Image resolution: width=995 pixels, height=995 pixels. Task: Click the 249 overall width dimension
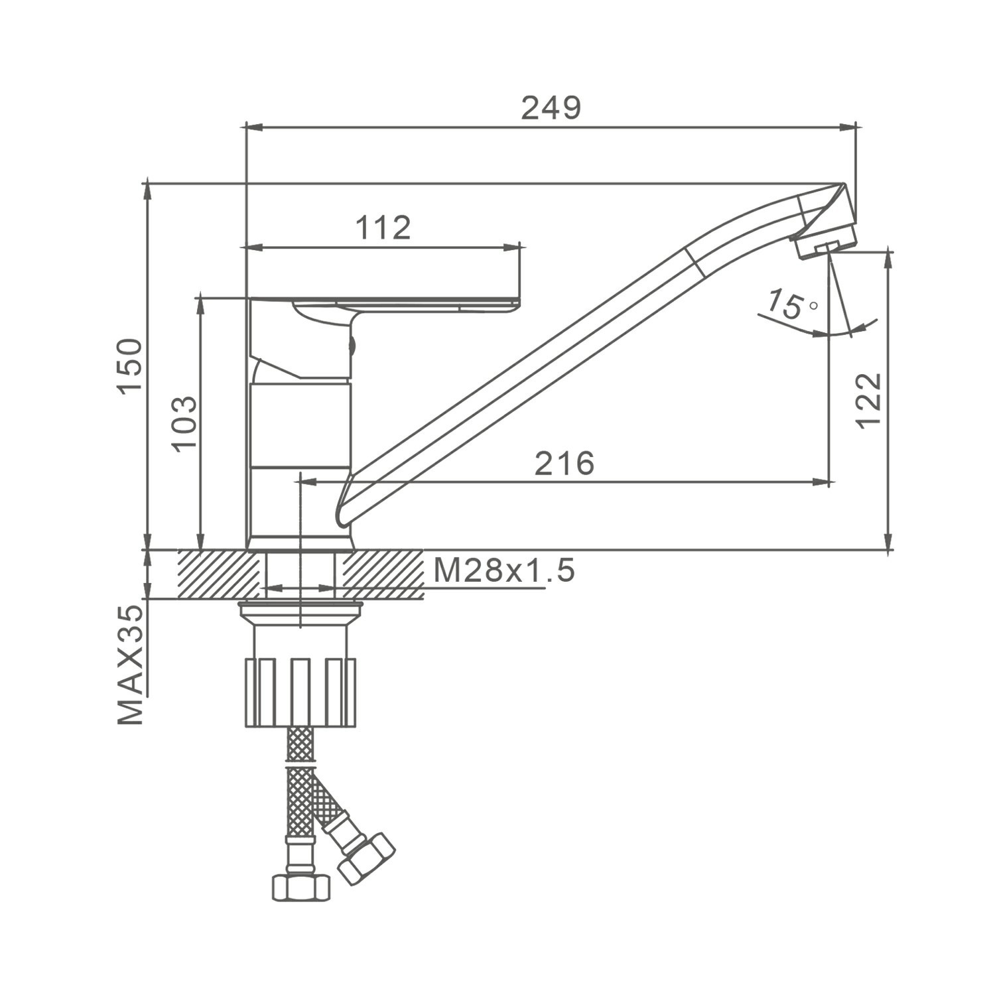(x=551, y=107)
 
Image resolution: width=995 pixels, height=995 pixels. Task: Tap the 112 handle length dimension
(x=383, y=228)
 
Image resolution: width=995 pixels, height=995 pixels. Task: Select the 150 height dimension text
(x=130, y=365)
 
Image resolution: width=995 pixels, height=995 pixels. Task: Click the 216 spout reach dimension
(x=564, y=463)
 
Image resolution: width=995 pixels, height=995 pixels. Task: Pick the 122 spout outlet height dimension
(x=869, y=401)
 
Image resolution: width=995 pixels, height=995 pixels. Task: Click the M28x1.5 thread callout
(x=504, y=570)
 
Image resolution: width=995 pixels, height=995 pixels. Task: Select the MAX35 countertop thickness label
(x=130, y=664)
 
